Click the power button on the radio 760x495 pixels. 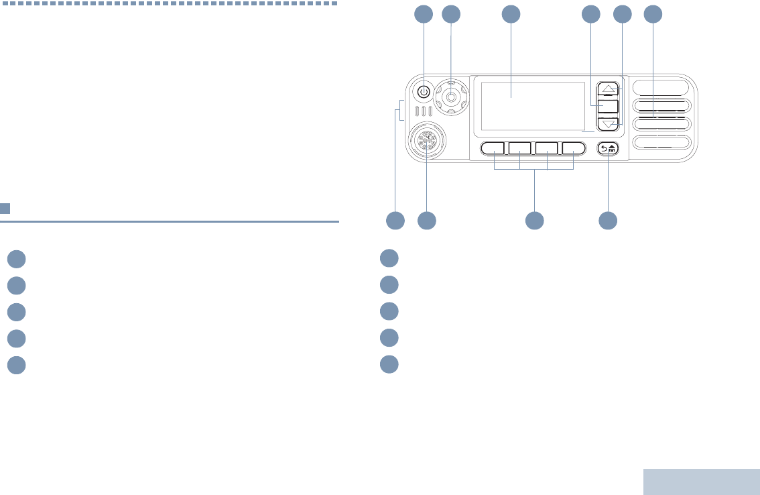[x=424, y=91]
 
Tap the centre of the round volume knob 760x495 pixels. [x=451, y=97]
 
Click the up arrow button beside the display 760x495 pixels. [x=608, y=89]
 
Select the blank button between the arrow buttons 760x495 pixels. [x=608, y=106]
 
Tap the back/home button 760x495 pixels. [x=609, y=149]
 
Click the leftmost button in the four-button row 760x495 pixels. [x=493, y=148]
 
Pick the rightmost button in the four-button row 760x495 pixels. [x=574, y=148]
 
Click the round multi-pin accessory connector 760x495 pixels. [x=428, y=142]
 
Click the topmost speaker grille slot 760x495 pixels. [x=660, y=87]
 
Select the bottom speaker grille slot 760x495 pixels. [x=660, y=142]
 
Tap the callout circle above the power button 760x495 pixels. [x=424, y=14]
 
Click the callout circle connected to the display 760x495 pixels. [x=511, y=14]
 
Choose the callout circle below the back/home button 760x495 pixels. [x=608, y=219]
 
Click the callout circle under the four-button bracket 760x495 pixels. [x=534, y=219]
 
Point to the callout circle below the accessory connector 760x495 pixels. [x=427, y=219]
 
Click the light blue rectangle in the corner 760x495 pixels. [x=701, y=481]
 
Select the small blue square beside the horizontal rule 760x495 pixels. [x=5, y=209]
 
